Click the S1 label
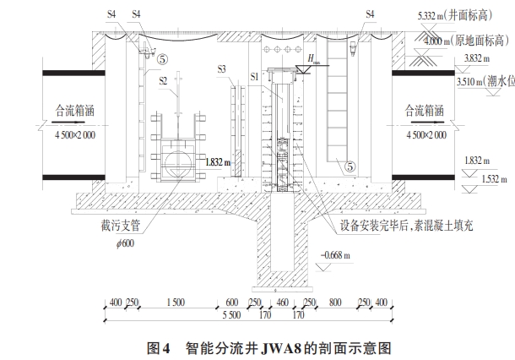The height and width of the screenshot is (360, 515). (x=255, y=77)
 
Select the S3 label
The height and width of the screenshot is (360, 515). (x=220, y=68)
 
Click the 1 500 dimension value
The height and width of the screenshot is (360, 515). (x=175, y=303)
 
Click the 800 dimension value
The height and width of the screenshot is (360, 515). (x=335, y=303)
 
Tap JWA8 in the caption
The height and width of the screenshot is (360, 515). (x=279, y=347)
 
